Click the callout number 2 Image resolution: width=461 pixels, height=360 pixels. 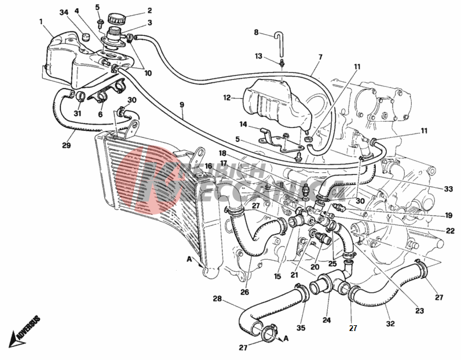149,10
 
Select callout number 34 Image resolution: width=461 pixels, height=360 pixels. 64,12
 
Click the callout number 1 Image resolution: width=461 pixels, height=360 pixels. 41,22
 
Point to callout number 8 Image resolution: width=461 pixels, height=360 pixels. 257,32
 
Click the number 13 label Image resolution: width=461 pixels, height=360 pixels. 258,56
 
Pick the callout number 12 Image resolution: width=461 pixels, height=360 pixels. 227,98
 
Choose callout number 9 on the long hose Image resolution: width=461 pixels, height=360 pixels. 181,105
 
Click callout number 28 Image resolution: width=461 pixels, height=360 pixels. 217,299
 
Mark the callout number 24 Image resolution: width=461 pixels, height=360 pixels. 327,319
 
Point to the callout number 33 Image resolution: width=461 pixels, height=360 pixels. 448,189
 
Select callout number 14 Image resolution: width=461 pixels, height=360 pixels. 244,125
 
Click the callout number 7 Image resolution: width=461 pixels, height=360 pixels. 320,57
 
